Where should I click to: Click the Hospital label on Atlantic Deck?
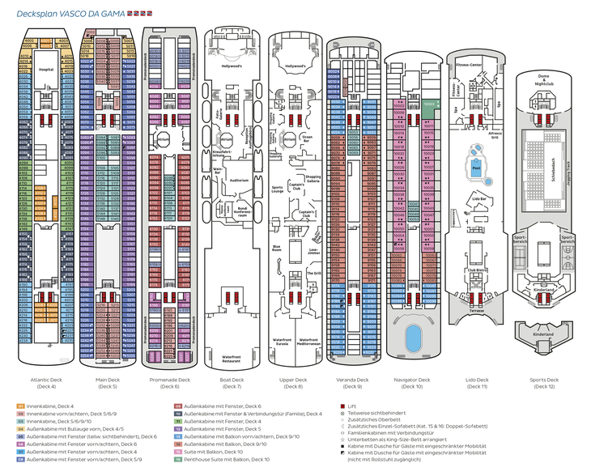[x=46, y=70]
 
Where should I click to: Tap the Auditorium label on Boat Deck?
[x=239, y=179]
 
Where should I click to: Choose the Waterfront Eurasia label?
[x=282, y=341]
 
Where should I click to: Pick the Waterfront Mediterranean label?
[x=308, y=341]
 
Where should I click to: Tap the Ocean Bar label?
[x=307, y=138]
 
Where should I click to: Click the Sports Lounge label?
[x=278, y=191]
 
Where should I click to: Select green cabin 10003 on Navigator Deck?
[x=429, y=104]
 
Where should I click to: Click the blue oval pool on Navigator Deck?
[x=412, y=335]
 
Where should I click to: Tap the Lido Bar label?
[x=478, y=198]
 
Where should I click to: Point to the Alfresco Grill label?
[x=495, y=136]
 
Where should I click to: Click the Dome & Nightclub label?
[x=544, y=79]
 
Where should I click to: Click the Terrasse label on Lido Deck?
[x=477, y=310]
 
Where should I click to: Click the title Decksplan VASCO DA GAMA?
[x=70, y=14]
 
